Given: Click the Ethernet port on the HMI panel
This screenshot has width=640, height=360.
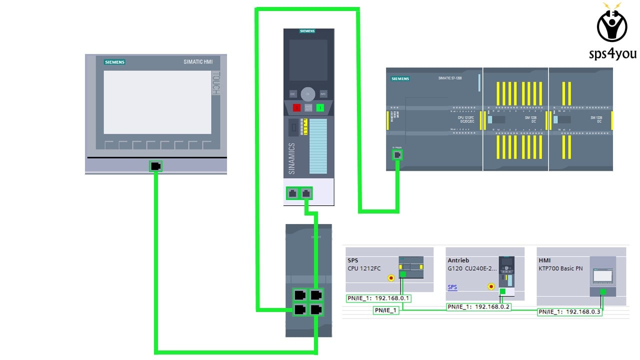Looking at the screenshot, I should click(x=155, y=166).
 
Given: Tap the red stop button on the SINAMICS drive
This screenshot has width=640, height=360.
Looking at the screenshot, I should click(x=296, y=107).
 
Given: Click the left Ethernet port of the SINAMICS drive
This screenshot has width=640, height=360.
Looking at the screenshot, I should click(x=292, y=193).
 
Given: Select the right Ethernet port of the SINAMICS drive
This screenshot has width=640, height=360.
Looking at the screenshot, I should click(x=306, y=193).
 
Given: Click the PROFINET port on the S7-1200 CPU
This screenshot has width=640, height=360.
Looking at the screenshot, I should click(x=397, y=154).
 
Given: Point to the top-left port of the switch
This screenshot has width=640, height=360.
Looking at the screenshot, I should click(x=300, y=295).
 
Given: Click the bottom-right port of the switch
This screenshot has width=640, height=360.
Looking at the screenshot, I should click(x=315, y=309).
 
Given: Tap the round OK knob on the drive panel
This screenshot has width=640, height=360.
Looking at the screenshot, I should click(x=308, y=94).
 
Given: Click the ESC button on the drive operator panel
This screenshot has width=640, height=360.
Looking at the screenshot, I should click(x=293, y=94).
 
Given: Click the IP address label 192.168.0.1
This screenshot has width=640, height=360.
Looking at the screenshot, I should click(x=378, y=298).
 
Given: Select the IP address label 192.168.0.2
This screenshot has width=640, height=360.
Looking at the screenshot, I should click(x=478, y=306).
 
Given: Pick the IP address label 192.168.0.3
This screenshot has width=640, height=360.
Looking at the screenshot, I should click(x=569, y=312).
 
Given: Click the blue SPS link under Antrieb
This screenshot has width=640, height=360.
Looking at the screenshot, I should click(x=452, y=287).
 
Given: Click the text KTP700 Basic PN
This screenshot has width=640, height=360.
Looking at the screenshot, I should click(x=560, y=268).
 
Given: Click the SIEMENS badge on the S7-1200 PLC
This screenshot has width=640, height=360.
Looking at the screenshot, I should click(x=400, y=79).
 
